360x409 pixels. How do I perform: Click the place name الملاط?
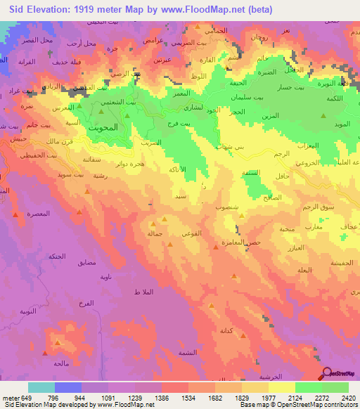(143, 291)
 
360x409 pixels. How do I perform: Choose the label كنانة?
(226, 330)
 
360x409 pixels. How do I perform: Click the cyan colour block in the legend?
(41, 387)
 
